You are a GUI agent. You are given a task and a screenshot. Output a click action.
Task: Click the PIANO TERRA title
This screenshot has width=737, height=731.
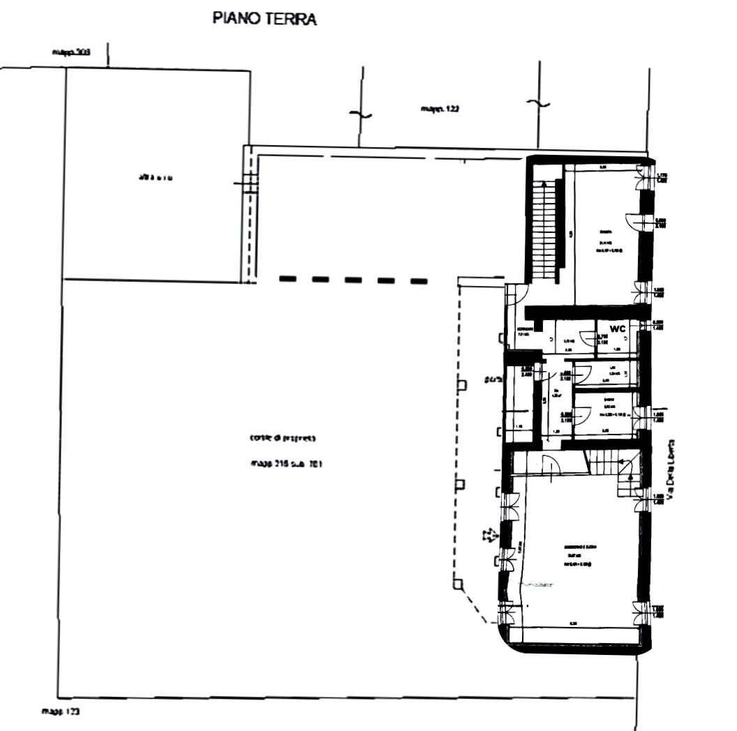[265, 20]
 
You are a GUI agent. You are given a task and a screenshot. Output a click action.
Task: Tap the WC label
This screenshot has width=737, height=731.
[617, 329]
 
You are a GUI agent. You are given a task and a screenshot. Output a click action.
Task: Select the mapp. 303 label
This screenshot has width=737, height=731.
[71, 52]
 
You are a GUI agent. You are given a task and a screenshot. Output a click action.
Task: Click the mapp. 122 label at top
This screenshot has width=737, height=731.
[438, 109]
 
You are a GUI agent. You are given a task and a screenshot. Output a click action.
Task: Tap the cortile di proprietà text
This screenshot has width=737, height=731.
[283, 439]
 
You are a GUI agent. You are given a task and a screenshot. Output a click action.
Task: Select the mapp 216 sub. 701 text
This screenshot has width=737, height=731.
[285, 463]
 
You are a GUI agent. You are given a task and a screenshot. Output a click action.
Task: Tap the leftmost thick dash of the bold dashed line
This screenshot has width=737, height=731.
[288, 279]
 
